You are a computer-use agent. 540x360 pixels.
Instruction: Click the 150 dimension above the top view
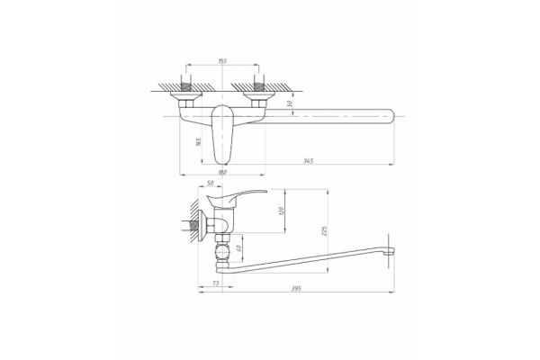coord(221,62)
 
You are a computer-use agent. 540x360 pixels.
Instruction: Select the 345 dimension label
coord(309,160)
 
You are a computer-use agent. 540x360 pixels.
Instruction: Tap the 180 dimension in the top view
coord(222,171)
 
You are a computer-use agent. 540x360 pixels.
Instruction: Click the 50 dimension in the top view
coord(289,103)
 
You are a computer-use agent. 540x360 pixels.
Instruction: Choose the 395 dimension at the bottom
coord(296,288)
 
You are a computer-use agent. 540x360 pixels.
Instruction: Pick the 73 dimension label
coord(216,283)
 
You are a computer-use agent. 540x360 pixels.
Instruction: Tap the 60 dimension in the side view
coord(240,248)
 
